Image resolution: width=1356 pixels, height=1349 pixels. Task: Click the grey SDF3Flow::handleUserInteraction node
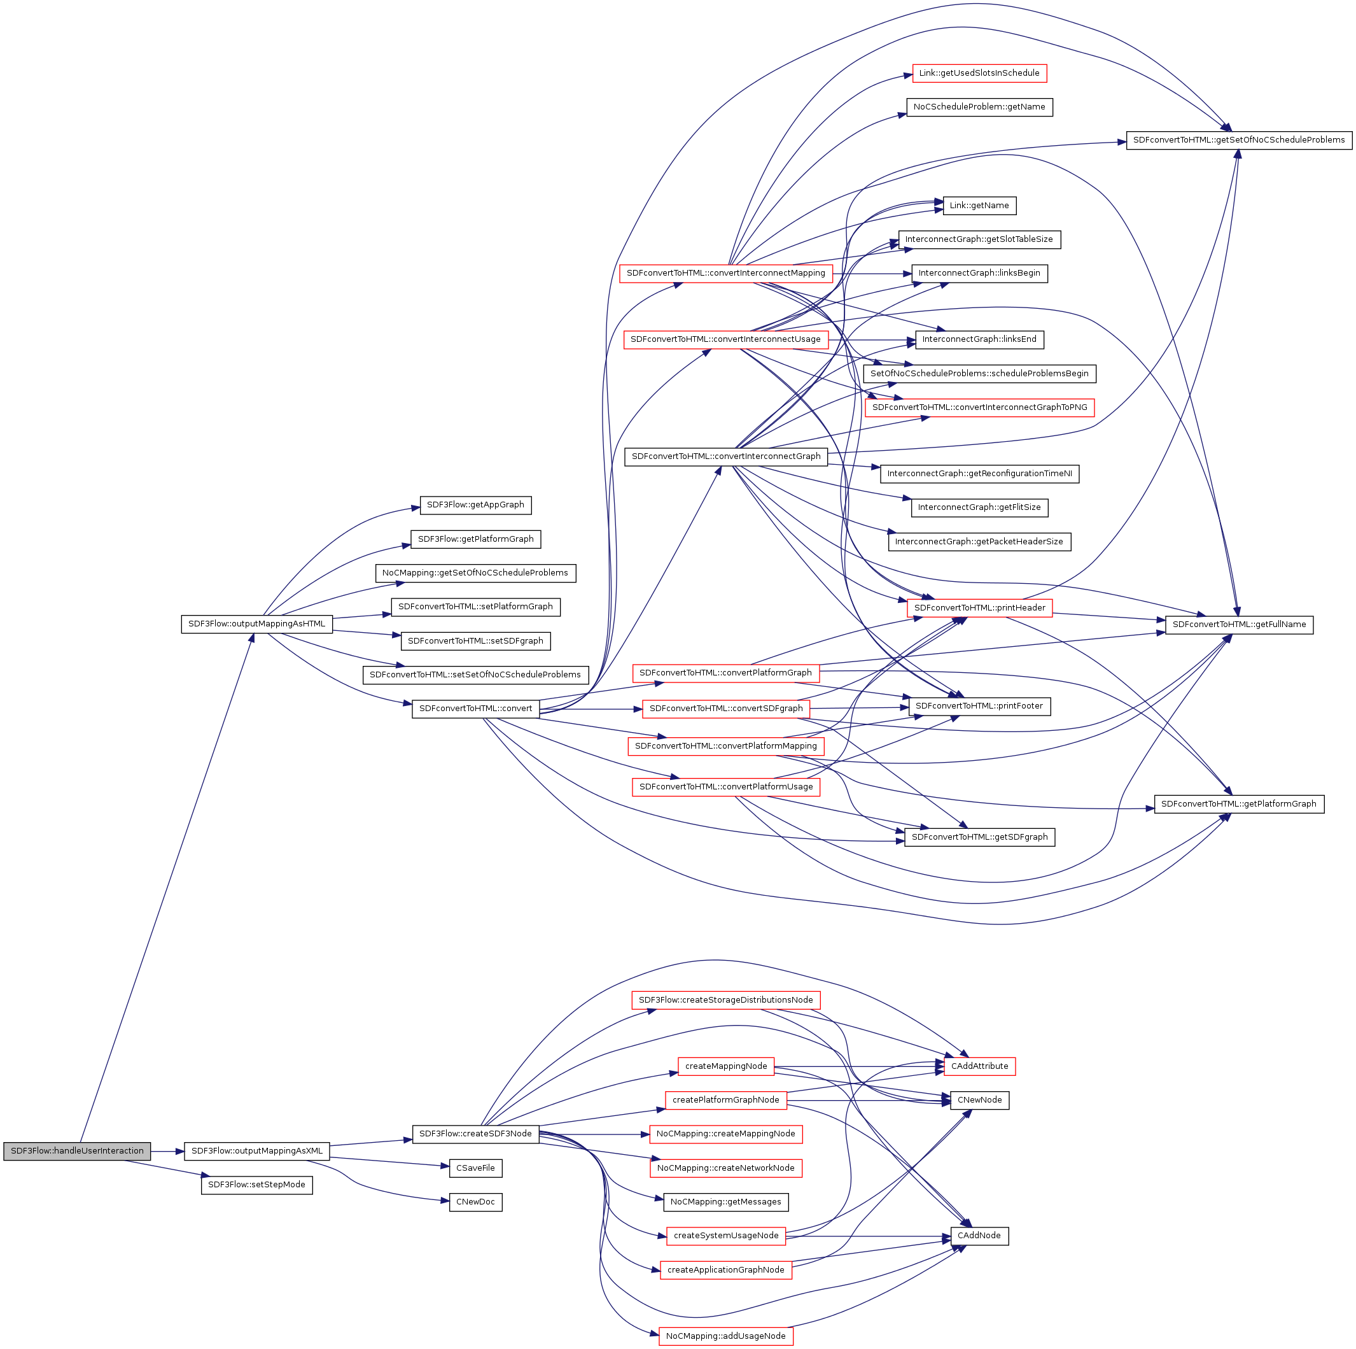tap(76, 1151)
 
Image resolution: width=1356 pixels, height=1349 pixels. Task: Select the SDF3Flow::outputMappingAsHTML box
tap(256, 624)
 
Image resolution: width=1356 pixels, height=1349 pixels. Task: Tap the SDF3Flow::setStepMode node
tap(256, 1185)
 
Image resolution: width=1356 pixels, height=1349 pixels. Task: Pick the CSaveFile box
tap(475, 1168)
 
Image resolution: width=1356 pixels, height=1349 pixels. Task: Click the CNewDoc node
tap(475, 1201)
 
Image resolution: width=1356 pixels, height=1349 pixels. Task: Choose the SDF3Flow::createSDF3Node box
tap(475, 1133)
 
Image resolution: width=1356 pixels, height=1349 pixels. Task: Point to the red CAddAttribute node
tap(979, 1066)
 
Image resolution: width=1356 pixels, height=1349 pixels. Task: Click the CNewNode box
tap(979, 1099)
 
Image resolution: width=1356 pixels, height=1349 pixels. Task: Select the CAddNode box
tap(979, 1235)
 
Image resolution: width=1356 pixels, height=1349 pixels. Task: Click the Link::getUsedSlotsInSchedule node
tap(979, 73)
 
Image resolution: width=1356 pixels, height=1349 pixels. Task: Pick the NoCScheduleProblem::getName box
tap(979, 107)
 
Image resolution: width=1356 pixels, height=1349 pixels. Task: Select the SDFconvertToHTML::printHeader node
tap(979, 607)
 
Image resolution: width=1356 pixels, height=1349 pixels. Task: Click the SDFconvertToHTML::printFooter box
tap(979, 706)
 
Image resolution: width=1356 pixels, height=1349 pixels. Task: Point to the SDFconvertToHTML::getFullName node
tap(1239, 625)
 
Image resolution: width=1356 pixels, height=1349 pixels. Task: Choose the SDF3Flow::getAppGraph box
tap(475, 505)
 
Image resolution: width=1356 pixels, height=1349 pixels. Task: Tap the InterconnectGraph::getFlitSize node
tap(979, 507)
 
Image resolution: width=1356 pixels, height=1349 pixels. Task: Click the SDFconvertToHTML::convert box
tap(475, 709)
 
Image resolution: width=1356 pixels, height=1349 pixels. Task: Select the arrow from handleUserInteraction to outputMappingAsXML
tap(167, 1151)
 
